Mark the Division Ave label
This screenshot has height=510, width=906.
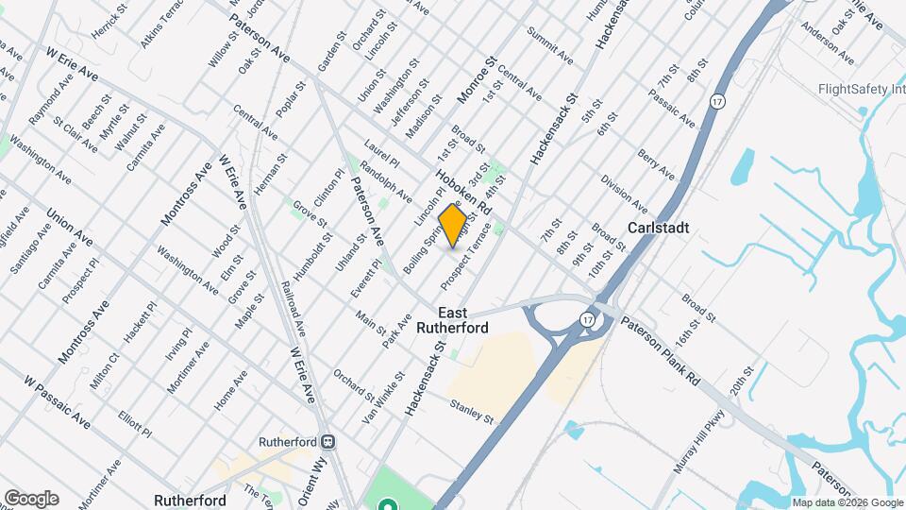coord(624,195)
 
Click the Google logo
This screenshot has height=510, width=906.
coord(30,498)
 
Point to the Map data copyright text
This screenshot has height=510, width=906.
coord(847,502)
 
